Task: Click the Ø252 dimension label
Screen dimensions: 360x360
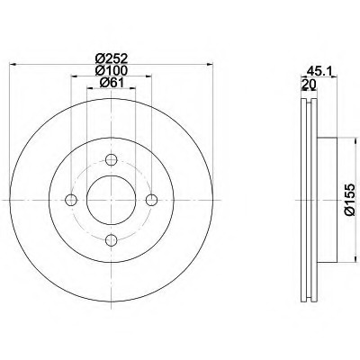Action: pyautogui.click(x=112, y=58)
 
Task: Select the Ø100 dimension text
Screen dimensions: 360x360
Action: pyautogui.click(x=112, y=70)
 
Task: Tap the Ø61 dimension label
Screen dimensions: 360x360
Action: pyautogui.click(x=112, y=83)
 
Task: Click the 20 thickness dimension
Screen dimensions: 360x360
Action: pyautogui.click(x=309, y=85)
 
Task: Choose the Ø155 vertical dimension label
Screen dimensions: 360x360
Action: pyautogui.click(x=350, y=200)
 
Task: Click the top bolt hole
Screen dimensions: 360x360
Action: pyautogui.click(x=112, y=159)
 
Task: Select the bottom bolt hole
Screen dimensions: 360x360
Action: pyautogui.click(x=112, y=239)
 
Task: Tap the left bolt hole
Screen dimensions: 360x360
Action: pyautogui.click(x=71, y=200)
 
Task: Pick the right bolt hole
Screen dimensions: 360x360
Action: pyautogui.click(x=151, y=200)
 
